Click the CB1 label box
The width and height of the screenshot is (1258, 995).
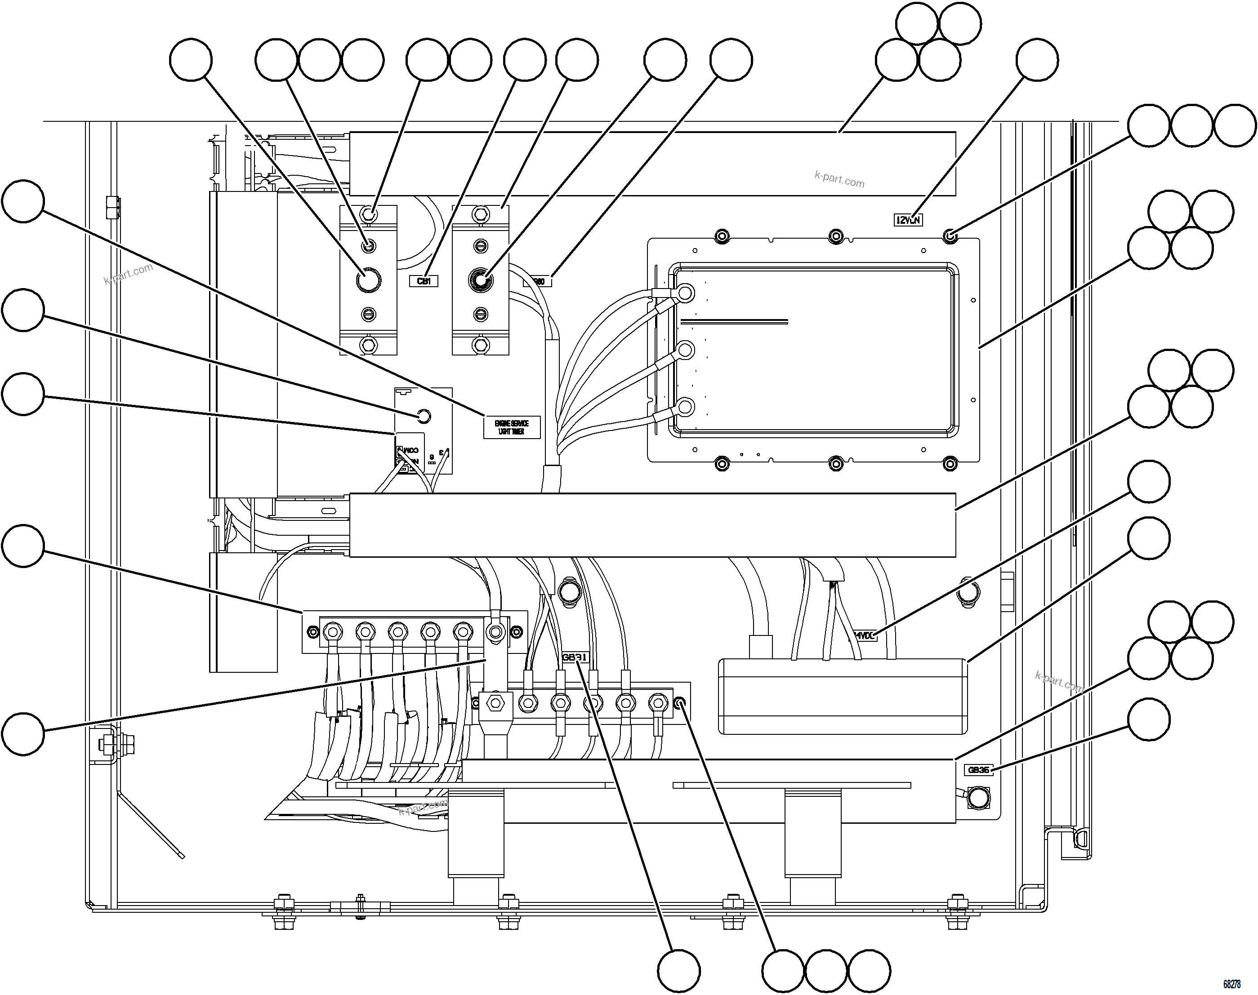(x=424, y=281)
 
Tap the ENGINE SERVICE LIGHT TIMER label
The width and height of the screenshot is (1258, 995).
(x=512, y=427)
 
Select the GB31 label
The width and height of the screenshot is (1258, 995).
(x=575, y=657)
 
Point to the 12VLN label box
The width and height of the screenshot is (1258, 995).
(x=908, y=220)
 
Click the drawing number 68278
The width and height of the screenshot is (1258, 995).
(x=1231, y=984)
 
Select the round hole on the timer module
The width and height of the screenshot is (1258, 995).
(x=424, y=416)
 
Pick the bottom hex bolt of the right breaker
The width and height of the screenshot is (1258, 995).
(x=480, y=345)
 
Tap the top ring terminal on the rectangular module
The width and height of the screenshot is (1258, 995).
(x=686, y=293)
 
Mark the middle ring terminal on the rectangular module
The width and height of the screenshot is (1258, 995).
(x=686, y=350)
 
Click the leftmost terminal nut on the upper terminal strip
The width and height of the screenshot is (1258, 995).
(x=333, y=631)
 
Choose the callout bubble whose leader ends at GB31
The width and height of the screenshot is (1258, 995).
(x=679, y=971)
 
